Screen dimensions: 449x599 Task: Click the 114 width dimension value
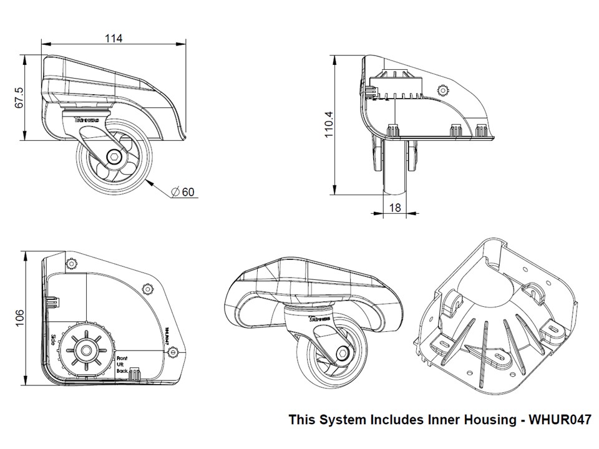[113, 39]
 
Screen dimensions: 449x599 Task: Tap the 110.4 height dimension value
[329, 123]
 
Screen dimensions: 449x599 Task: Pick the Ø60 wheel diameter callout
[185, 191]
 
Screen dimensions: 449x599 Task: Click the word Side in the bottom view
[54, 340]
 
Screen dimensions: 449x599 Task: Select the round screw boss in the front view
[443, 90]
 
